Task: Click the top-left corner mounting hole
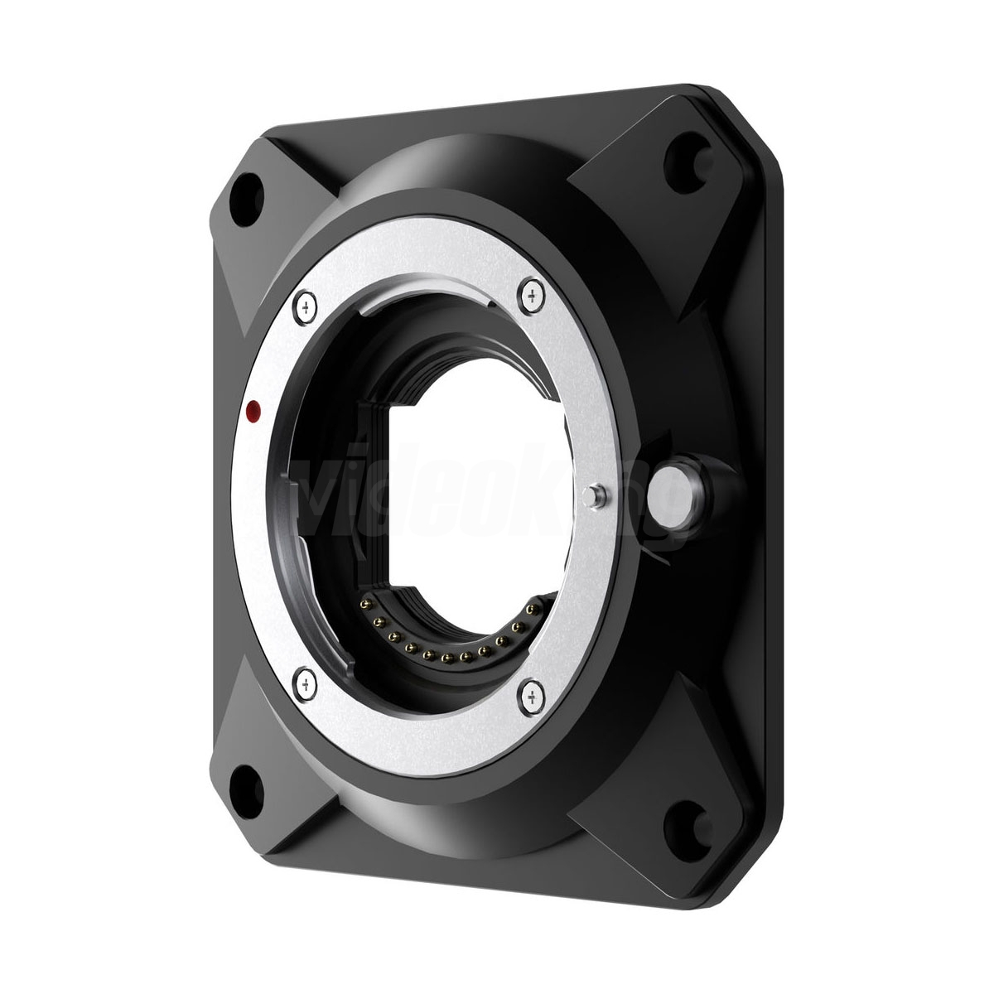[245, 186]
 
